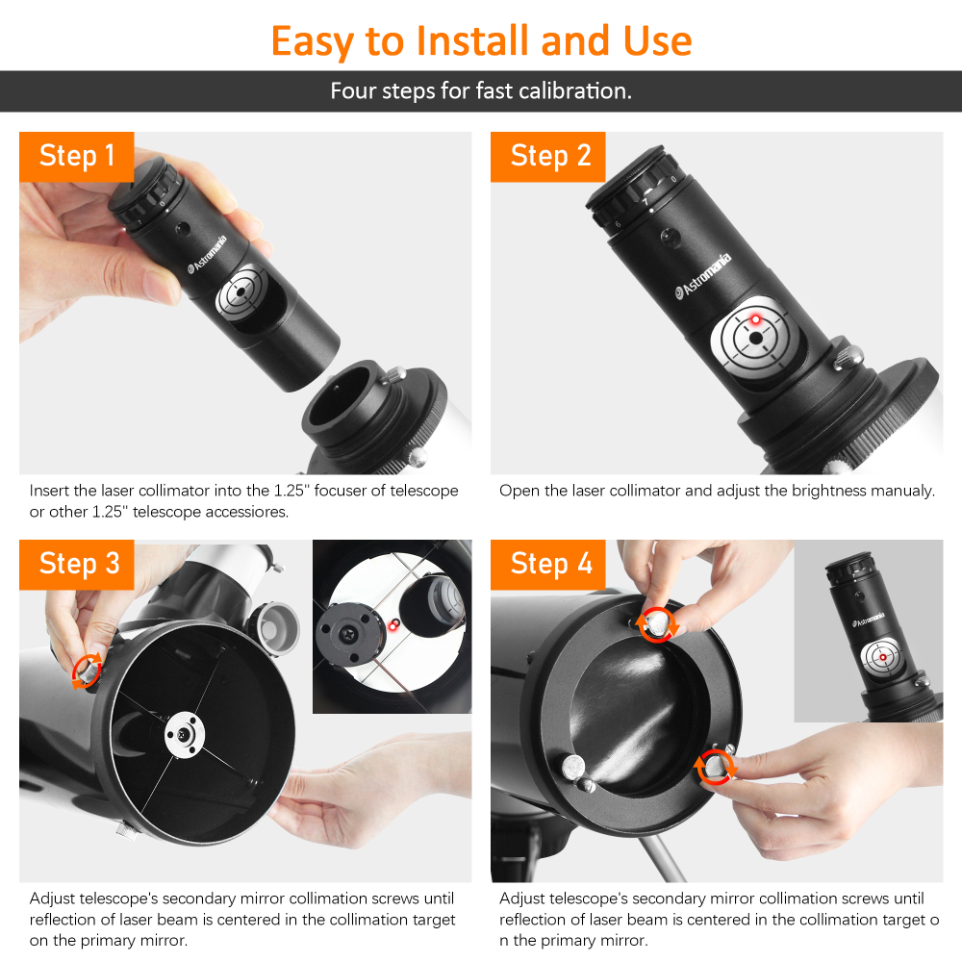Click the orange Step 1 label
coord(77,157)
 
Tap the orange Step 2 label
coord(548,157)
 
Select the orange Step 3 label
coord(77,565)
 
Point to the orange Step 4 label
coord(548,565)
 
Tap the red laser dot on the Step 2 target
coord(755,319)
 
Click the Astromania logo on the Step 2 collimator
coord(703,275)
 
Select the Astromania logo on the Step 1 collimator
coord(207,253)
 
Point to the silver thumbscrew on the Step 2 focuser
coord(848,358)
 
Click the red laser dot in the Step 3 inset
coord(393,625)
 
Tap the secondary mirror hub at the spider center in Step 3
coord(185,734)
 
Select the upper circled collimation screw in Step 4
coord(656,624)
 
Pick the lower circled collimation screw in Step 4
coord(714,767)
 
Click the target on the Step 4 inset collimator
coord(882,658)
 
